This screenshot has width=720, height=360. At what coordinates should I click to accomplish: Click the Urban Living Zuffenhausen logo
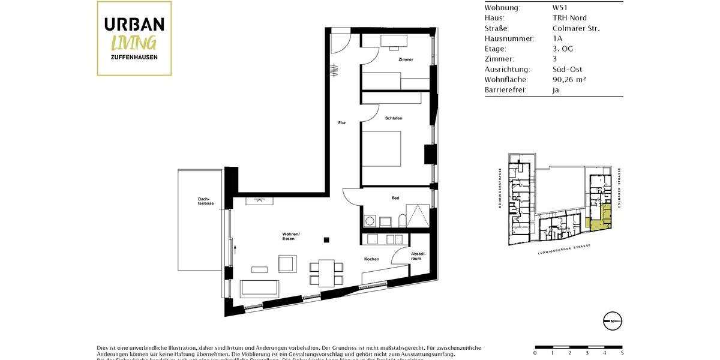(134, 38)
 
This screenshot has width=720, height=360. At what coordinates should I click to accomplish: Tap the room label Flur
(342, 123)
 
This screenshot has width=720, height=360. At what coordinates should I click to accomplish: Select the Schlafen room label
(394, 118)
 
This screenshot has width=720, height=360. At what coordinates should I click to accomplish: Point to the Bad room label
(395, 198)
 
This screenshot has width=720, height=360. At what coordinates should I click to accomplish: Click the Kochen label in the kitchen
(371, 259)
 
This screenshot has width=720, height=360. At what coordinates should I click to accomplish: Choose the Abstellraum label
(418, 256)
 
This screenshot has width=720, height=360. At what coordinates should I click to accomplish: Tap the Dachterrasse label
(206, 201)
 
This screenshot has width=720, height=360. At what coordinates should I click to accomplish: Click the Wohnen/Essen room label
(291, 236)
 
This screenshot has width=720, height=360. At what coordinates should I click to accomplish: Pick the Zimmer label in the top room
(406, 59)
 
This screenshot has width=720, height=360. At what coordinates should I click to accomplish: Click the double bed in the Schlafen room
(381, 149)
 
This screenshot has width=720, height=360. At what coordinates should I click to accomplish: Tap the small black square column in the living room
(326, 241)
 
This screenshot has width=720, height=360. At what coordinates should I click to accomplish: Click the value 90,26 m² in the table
(569, 79)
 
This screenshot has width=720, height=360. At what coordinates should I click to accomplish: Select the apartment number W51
(560, 8)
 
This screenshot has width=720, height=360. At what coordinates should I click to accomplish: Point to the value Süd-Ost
(567, 69)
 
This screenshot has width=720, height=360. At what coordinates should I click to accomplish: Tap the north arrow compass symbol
(612, 322)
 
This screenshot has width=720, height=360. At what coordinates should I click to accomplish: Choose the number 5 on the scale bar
(622, 353)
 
